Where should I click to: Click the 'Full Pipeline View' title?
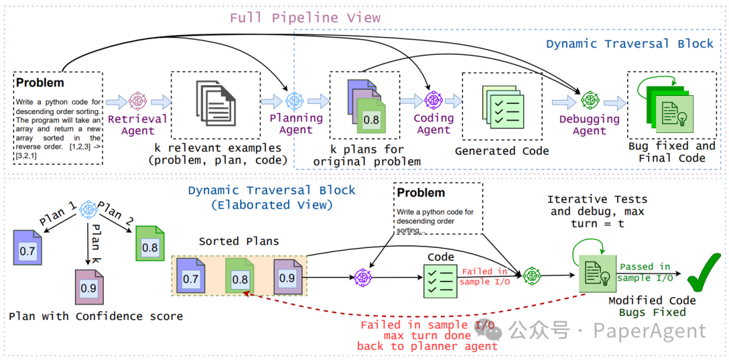305,18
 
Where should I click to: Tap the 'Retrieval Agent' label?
138,124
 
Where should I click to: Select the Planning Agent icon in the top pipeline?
295,101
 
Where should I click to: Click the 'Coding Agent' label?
433,124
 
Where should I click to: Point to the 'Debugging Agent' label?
589,124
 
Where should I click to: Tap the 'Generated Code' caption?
502,151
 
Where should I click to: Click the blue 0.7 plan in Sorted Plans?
191,278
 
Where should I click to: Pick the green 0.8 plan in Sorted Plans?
239,278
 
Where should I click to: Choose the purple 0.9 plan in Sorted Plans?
288,277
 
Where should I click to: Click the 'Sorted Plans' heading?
238,241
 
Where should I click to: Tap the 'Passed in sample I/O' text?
645,272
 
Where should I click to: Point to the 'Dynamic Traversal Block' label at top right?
629,44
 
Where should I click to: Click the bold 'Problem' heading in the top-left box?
40,83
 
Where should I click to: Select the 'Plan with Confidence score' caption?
96,316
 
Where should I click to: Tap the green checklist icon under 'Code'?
439,280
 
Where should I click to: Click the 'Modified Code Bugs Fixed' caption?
652,307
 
